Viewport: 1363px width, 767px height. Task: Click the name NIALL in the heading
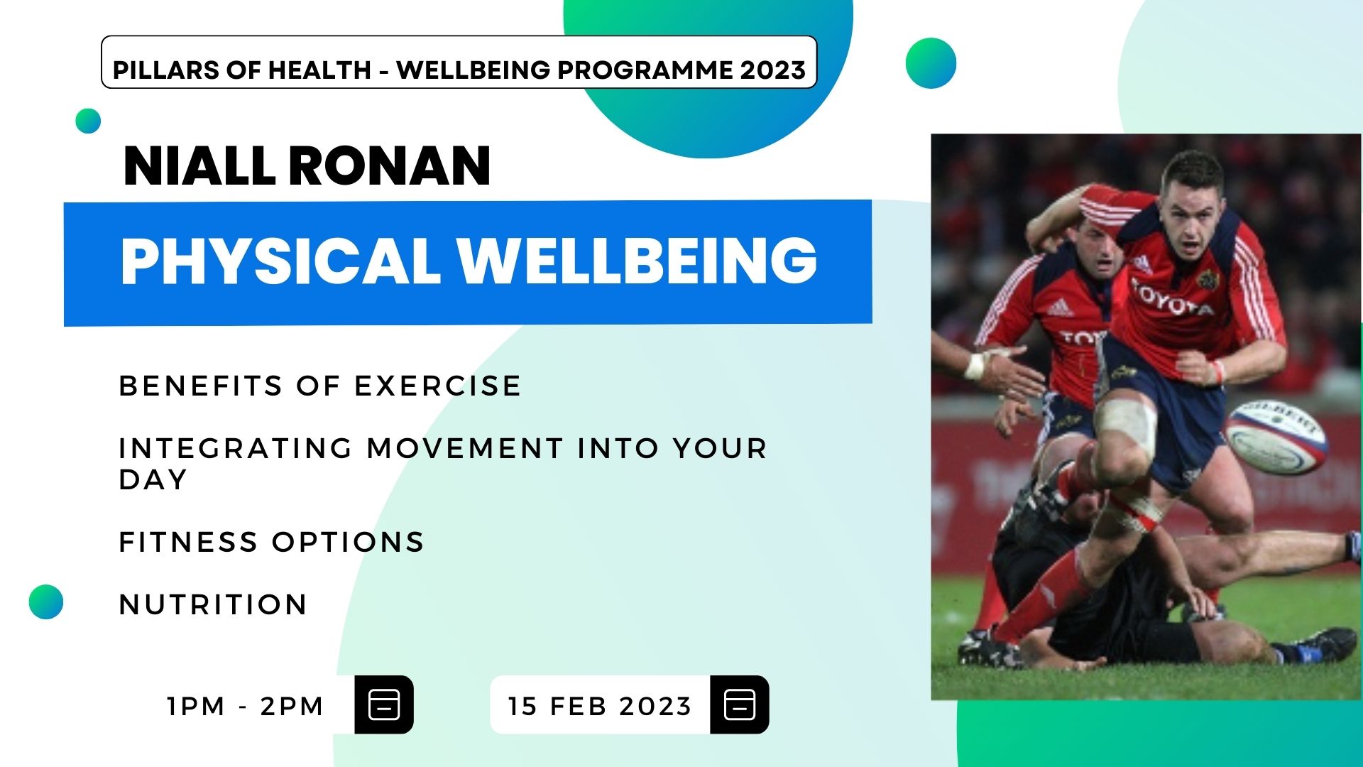[199, 166]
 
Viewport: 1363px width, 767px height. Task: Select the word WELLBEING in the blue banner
[637, 261]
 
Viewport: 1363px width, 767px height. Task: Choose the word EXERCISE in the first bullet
[437, 386]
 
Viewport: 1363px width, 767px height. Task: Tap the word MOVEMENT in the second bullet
[465, 448]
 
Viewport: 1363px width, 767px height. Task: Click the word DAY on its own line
[153, 479]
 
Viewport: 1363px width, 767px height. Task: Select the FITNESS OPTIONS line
[271, 542]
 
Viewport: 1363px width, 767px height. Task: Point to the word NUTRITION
[213, 604]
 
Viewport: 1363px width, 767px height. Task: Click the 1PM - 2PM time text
[245, 706]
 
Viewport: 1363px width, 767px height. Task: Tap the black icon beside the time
[384, 705]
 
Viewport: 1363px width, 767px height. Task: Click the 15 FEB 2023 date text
[600, 706]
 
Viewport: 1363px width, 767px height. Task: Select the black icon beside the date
[740, 705]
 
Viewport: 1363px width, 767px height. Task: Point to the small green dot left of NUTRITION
[46, 602]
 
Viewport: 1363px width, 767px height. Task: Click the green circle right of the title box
[931, 63]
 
